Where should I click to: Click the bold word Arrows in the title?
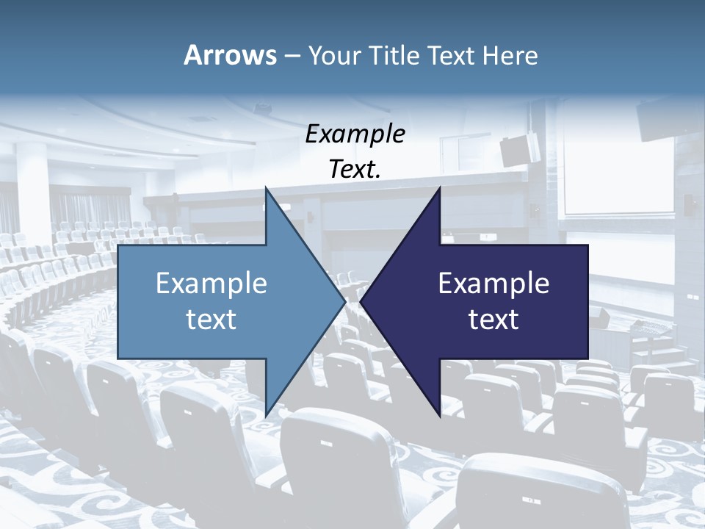pos(230,55)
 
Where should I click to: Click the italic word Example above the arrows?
pos(355,134)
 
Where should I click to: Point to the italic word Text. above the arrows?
pos(355,169)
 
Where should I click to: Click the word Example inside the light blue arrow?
pos(211,283)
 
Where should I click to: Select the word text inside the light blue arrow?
pos(211,320)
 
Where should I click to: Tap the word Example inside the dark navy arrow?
pos(493,283)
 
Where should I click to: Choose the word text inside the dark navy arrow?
pos(493,320)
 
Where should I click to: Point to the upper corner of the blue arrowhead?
pos(266,189)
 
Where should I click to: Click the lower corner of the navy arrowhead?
pos(439,416)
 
